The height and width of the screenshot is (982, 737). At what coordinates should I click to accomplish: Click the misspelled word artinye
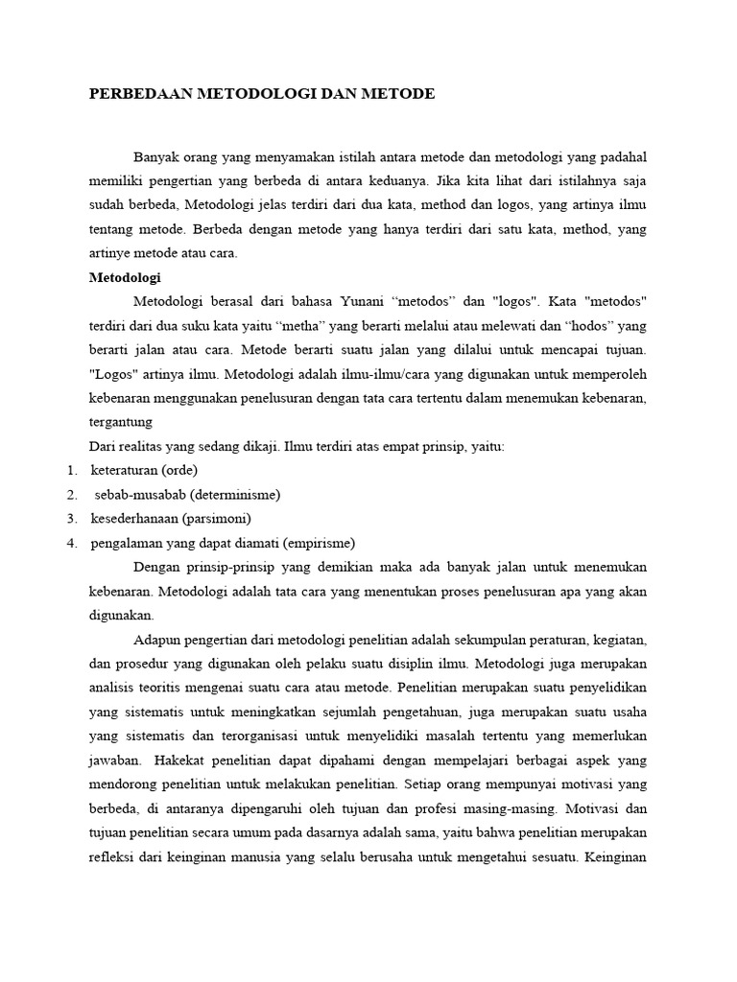[109, 253]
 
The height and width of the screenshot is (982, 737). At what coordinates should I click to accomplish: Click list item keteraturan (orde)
[144, 470]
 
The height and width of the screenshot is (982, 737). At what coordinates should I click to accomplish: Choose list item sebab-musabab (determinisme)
[187, 495]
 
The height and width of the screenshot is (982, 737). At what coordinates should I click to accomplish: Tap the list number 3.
[71, 519]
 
